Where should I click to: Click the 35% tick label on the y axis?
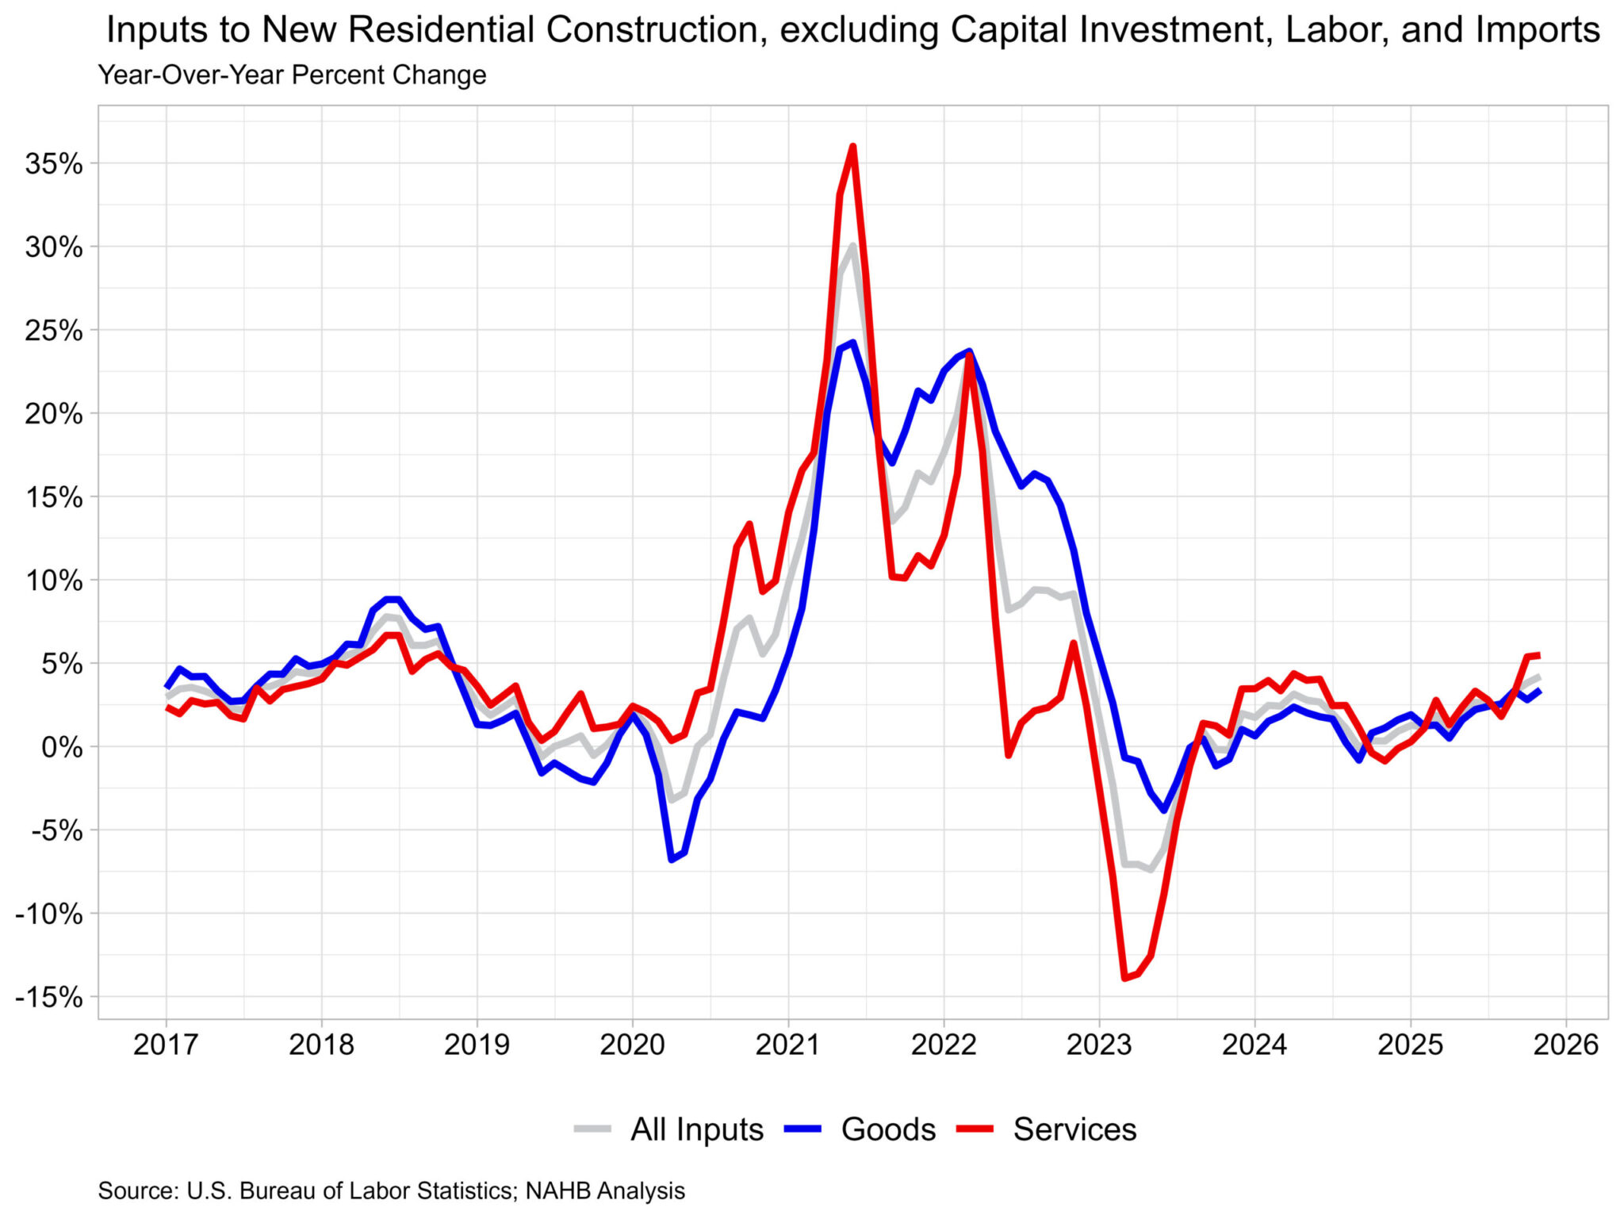54,164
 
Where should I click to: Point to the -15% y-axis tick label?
48,998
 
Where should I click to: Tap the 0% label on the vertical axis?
62,747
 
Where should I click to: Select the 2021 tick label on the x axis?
787,1045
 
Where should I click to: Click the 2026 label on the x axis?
1566,1045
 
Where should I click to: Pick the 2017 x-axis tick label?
165,1045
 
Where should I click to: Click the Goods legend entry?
888,1129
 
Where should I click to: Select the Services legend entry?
1074,1129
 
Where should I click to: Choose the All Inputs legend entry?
696,1129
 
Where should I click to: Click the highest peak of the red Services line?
852,146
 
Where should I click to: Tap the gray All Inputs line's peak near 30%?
852,245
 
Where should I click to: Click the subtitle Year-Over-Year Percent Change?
292,75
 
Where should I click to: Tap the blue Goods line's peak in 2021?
852,343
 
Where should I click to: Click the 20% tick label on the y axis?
54,414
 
